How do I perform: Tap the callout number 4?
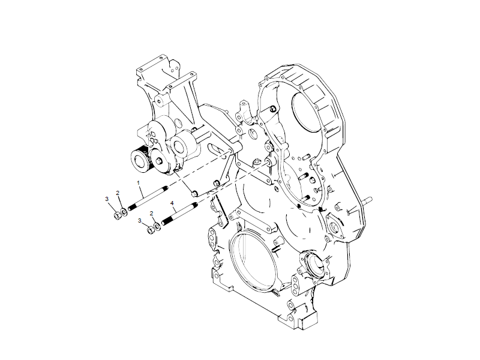click(x=172, y=203)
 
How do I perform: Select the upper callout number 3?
click(x=107, y=199)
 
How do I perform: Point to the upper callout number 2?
click(x=118, y=193)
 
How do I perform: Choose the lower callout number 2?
click(x=152, y=214)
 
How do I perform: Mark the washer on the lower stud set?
click(x=157, y=227)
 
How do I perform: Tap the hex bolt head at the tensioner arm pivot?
click(x=160, y=157)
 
